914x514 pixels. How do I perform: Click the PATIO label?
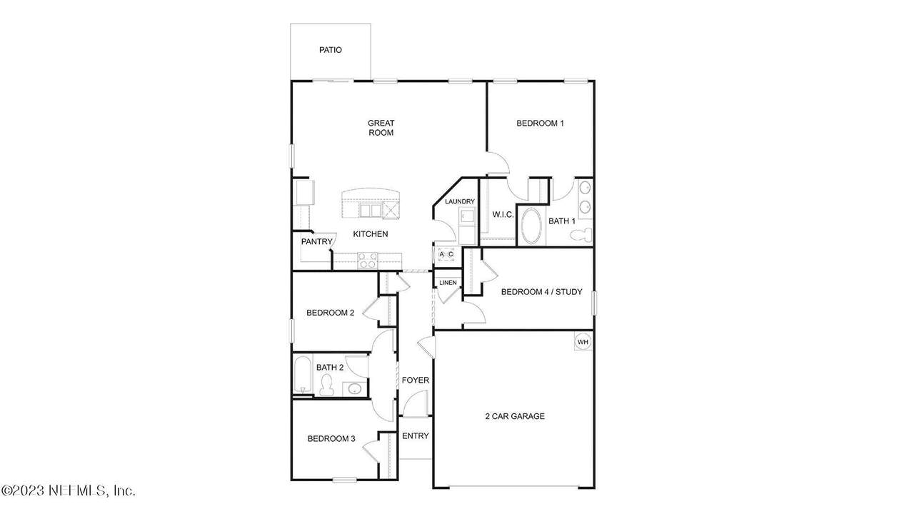(x=331, y=50)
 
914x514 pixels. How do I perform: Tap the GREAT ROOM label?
(x=381, y=128)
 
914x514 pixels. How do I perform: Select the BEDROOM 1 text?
(x=541, y=124)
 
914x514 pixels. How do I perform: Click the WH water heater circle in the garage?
(x=583, y=342)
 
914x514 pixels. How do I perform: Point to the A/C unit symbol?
(x=446, y=255)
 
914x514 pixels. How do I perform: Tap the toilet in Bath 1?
(x=581, y=236)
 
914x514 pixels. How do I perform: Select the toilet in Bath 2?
(x=326, y=385)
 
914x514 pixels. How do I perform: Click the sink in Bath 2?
(x=354, y=389)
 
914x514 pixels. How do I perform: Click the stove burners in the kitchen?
(x=367, y=261)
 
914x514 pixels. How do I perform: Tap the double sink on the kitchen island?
(x=370, y=211)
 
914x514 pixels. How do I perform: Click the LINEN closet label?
(x=448, y=283)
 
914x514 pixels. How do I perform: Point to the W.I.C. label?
(x=503, y=215)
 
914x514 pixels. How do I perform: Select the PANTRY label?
(x=316, y=241)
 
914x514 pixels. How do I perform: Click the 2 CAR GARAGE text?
(x=515, y=416)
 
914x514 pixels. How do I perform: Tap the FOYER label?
(x=416, y=381)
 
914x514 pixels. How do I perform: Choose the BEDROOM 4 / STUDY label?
(x=542, y=292)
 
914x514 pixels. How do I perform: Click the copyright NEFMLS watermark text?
(x=68, y=490)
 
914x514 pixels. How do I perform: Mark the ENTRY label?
(x=416, y=435)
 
